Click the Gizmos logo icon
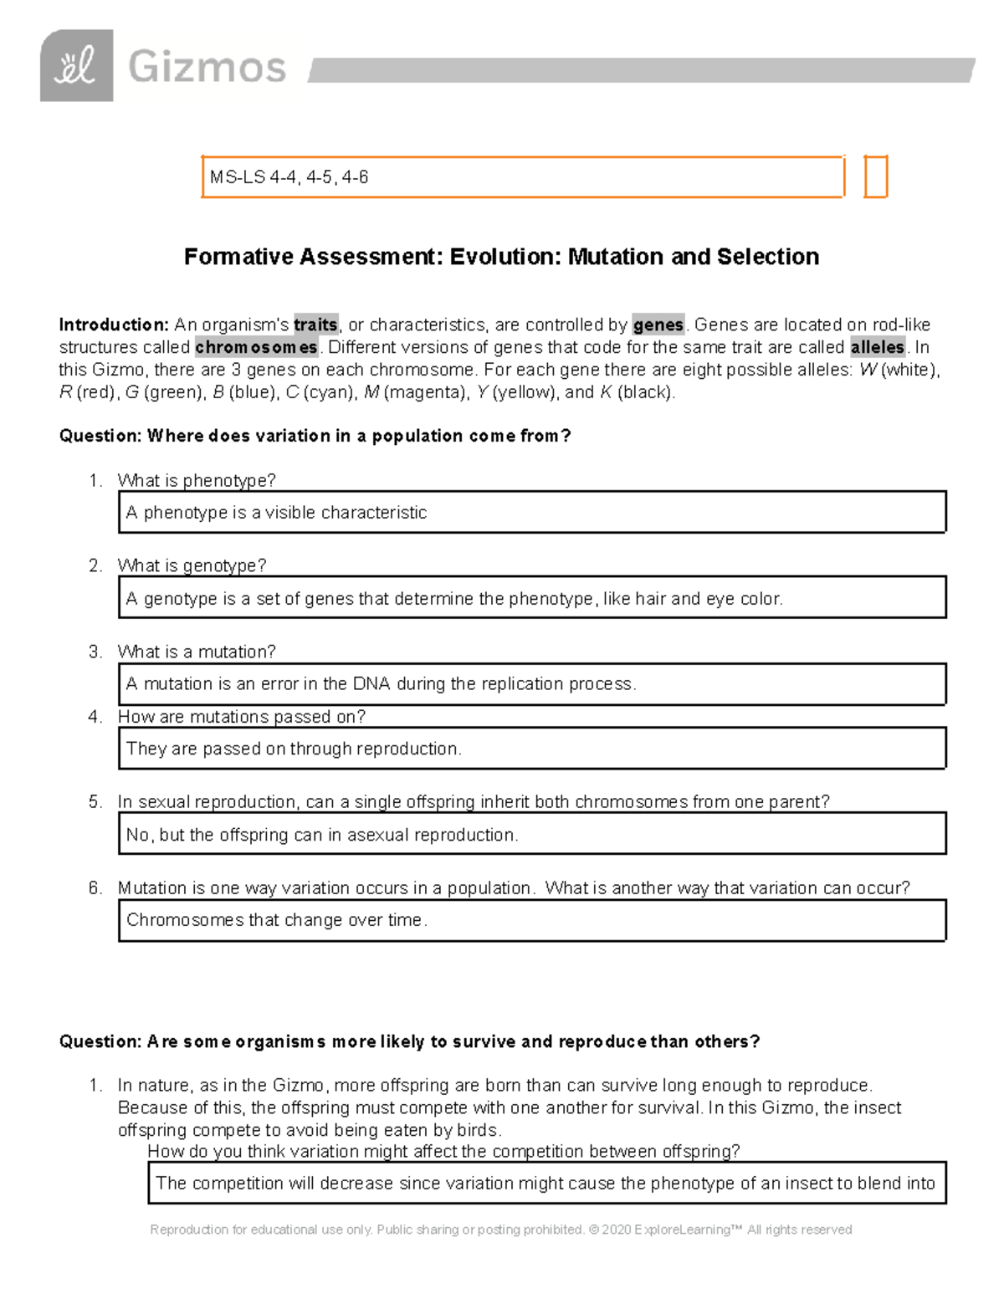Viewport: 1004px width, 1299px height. pyautogui.click(x=76, y=65)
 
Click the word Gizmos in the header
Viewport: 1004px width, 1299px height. pyautogui.click(x=207, y=67)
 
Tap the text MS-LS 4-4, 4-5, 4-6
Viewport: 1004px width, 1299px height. pyautogui.click(x=289, y=177)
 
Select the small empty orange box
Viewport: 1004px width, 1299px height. pyautogui.click(x=875, y=176)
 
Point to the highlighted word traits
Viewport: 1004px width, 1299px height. pyautogui.click(x=315, y=325)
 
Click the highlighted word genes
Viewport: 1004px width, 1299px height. pyautogui.click(x=658, y=325)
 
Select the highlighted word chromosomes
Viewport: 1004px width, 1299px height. pyautogui.click(x=256, y=347)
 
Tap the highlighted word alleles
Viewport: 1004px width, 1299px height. pyautogui.click(x=877, y=347)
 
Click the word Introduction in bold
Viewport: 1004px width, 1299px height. pyautogui.click(x=114, y=325)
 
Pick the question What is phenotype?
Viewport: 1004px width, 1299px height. pyautogui.click(x=197, y=480)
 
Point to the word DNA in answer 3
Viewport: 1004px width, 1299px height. pyautogui.click(x=371, y=684)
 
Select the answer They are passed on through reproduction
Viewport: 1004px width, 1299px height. pyautogui.click(x=294, y=749)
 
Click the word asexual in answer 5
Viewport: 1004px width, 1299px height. pyautogui.click(x=378, y=835)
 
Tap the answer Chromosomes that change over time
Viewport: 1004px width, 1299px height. pyautogui.click(x=277, y=920)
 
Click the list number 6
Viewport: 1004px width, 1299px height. pyautogui.click(x=95, y=888)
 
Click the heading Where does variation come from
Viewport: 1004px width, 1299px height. pyautogui.click(x=315, y=436)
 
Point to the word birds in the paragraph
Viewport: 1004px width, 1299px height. pyautogui.click(x=477, y=1130)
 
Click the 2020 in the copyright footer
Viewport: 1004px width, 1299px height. pyautogui.click(x=616, y=1230)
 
